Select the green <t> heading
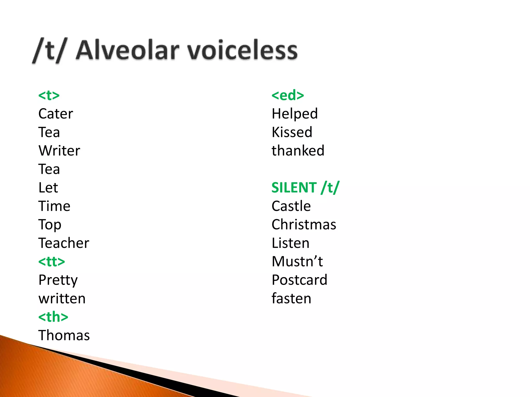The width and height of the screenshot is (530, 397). (x=49, y=95)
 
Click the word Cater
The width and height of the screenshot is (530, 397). (x=56, y=114)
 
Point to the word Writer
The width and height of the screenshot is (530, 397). (x=59, y=151)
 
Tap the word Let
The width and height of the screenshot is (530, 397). (x=48, y=188)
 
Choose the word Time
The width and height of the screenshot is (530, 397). (x=54, y=206)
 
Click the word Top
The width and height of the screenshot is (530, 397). (x=50, y=225)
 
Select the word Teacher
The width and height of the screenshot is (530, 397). (x=64, y=243)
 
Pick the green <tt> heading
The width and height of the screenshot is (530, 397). (x=51, y=262)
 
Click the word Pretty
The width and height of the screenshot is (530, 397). (x=58, y=280)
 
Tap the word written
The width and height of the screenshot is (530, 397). (x=62, y=299)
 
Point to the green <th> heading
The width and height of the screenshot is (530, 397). (x=53, y=317)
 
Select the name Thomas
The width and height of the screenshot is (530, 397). (x=64, y=335)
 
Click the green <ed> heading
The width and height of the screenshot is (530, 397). (x=288, y=95)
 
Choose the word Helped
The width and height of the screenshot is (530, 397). (x=295, y=114)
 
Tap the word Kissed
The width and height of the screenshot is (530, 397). (x=292, y=132)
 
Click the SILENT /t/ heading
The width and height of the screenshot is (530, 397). (x=305, y=188)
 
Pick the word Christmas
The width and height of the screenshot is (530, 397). (x=304, y=225)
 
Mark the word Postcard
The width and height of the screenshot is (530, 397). (x=299, y=280)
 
